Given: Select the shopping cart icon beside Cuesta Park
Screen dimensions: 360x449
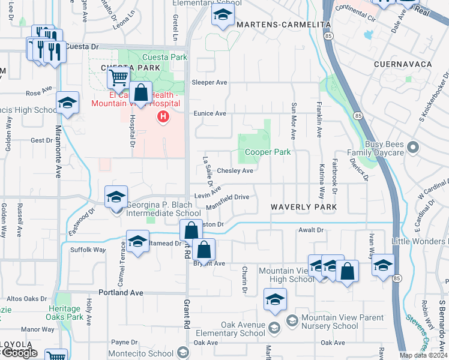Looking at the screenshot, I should [118, 77].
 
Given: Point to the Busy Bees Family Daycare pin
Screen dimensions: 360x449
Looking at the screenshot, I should [412, 146].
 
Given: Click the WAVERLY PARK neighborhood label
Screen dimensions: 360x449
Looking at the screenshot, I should [303, 207].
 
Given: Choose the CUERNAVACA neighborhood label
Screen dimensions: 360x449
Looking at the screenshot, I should [403, 64].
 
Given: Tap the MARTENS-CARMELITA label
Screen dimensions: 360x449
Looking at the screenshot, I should [284, 25].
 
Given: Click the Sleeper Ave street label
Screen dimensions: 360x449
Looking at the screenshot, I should [209, 82].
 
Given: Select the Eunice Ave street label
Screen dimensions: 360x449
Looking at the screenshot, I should [209, 113].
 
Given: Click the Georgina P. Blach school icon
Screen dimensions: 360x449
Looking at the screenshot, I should [116, 196].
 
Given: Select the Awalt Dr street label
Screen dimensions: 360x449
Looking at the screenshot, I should [311, 230].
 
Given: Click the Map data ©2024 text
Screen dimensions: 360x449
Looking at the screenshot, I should [423, 355].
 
